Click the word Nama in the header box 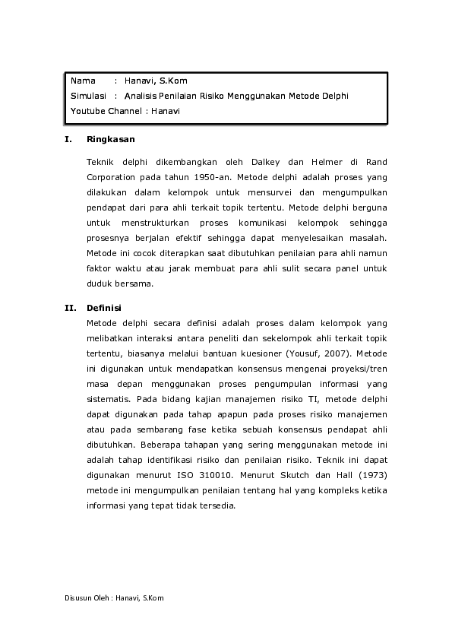(83, 81)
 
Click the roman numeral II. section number (68, 308)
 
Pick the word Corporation (113, 177)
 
